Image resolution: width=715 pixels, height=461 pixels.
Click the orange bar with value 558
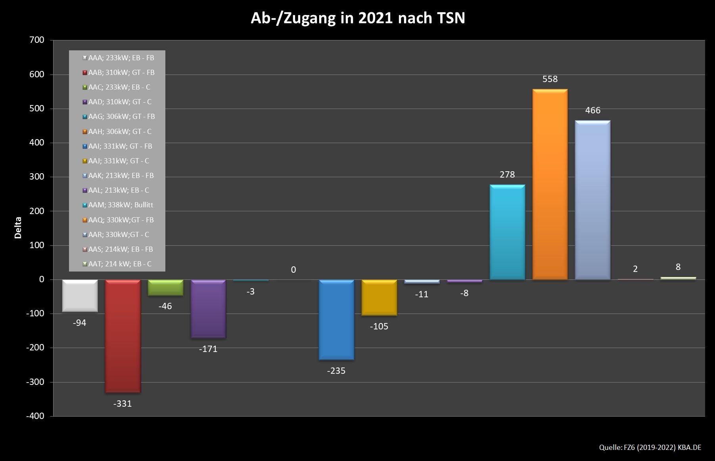coord(550,184)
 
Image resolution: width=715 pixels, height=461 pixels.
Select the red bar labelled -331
coord(123,336)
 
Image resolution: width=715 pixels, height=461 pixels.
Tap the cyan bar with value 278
coord(507,232)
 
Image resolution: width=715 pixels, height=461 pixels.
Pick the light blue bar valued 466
coord(592,200)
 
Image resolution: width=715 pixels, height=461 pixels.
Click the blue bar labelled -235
coord(336,320)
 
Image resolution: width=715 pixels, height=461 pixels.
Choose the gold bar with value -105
coord(379,298)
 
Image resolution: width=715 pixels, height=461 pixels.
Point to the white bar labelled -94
coord(80,296)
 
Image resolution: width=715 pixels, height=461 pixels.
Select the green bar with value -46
coord(165,288)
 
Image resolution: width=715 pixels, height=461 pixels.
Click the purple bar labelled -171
coord(208,309)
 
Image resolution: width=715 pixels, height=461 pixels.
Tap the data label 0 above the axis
coord(293,270)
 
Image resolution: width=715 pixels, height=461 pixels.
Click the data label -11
coord(422,294)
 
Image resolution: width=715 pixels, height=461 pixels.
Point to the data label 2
coord(635,269)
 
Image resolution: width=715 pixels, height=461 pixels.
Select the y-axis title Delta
coord(18,228)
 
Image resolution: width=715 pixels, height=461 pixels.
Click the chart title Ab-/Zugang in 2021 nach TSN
coord(357,18)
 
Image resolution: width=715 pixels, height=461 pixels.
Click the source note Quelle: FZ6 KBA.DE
coord(650,448)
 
